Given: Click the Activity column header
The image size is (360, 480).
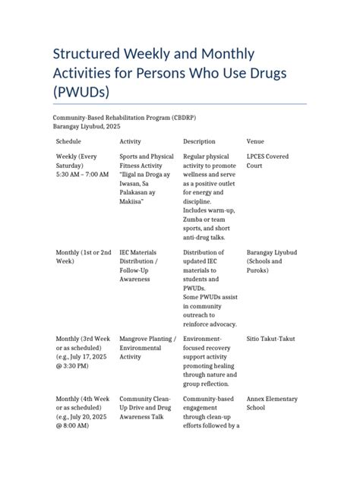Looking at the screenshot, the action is [130, 141].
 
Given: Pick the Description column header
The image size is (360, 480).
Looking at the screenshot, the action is [200, 141].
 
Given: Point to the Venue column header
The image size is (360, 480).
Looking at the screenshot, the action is [256, 141].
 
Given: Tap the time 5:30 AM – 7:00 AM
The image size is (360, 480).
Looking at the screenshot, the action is [82, 175].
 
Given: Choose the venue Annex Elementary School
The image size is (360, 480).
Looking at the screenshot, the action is [272, 403].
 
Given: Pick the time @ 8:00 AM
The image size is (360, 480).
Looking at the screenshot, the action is [72, 426].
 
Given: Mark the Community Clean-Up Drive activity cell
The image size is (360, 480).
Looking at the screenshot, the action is [144, 408].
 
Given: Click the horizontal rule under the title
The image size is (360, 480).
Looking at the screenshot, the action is [179, 103].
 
